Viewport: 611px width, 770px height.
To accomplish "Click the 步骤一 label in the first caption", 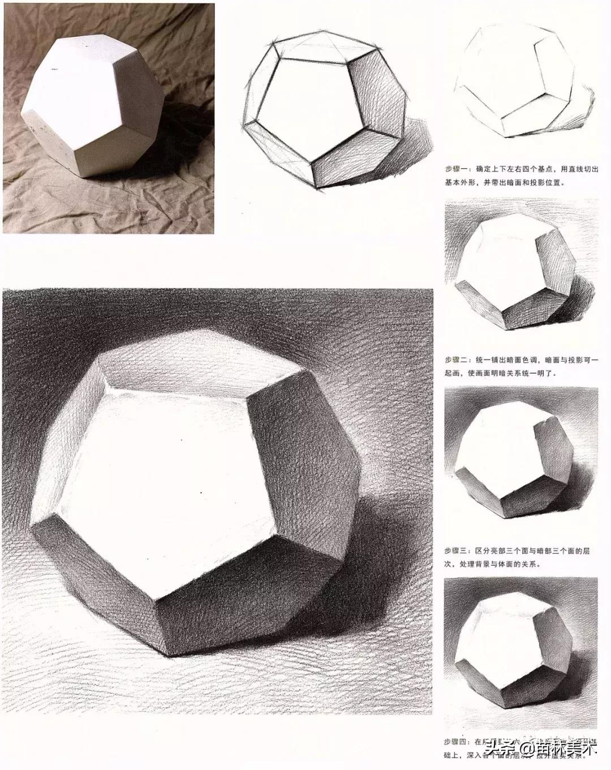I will [456, 168].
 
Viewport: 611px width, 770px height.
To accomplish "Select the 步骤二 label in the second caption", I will [456, 360].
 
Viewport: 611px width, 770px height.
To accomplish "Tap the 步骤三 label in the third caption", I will [456, 549].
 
